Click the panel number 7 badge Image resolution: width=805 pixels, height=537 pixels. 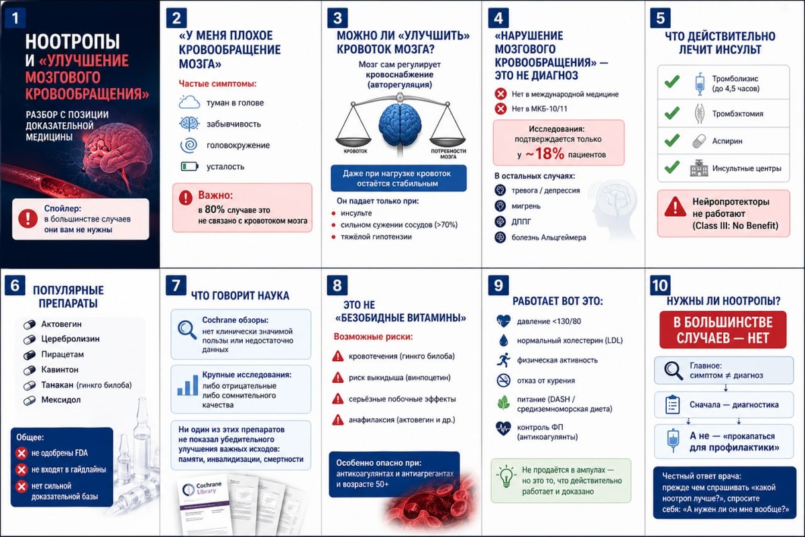coord(176,285)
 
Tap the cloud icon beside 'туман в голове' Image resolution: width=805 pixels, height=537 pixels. coord(189,102)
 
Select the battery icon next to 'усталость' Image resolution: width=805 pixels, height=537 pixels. coord(189,166)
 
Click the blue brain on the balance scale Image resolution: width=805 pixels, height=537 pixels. coord(400,125)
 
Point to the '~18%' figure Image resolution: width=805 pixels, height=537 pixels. coord(545,154)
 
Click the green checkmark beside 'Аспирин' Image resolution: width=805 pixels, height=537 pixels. coord(672,140)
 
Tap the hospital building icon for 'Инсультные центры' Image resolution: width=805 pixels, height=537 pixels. coord(699,168)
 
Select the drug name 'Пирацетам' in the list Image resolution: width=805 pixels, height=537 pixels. coord(62,354)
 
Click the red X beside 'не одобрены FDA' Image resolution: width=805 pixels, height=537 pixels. coord(21,453)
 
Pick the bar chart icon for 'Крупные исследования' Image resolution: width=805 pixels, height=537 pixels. coord(188,385)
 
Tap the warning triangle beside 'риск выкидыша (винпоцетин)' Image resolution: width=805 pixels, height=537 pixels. coord(338,378)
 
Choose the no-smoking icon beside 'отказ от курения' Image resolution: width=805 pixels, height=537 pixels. coord(504,380)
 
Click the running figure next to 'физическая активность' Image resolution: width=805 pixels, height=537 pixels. coord(504,360)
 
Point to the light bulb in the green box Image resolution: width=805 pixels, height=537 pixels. coord(506,476)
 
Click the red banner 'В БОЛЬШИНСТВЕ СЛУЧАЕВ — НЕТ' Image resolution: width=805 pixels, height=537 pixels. coord(722,330)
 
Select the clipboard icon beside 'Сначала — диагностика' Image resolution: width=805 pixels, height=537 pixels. coord(672,405)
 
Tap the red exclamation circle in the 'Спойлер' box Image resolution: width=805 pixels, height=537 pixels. coord(28,218)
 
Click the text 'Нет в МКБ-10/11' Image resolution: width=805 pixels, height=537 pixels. coord(539,109)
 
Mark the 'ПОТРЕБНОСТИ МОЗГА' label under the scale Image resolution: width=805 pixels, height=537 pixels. coord(448,154)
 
